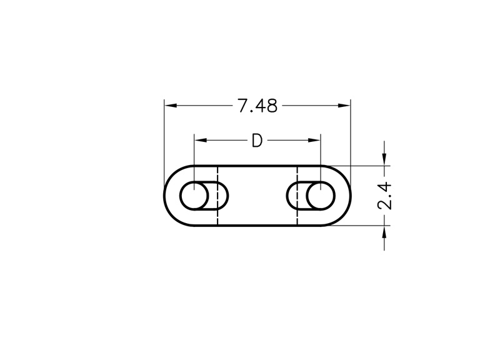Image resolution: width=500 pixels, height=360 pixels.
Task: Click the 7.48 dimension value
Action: pyautogui.click(x=257, y=106)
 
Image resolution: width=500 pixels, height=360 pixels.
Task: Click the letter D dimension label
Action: pyautogui.click(x=257, y=141)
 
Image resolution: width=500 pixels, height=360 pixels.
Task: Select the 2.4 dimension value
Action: pyautogui.click(x=384, y=196)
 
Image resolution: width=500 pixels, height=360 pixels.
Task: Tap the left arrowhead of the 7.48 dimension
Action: pyautogui.click(x=171, y=106)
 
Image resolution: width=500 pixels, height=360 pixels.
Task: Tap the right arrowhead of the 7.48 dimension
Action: pyautogui.click(x=344, y=106)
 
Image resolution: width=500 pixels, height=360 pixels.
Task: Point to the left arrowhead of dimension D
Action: pyautogui.click(x=201, y=140)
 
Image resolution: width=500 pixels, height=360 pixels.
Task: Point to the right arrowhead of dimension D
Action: pyautogui.click(x=314, y=140)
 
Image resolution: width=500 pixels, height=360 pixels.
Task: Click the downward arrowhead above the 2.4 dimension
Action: pyautogui.click(x=384, y=159)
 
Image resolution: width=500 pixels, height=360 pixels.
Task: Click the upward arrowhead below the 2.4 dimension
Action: pyautogui.click(x=384, y=232)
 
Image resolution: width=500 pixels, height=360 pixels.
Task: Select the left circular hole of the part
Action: pyautogui.click(x=180, y=196)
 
